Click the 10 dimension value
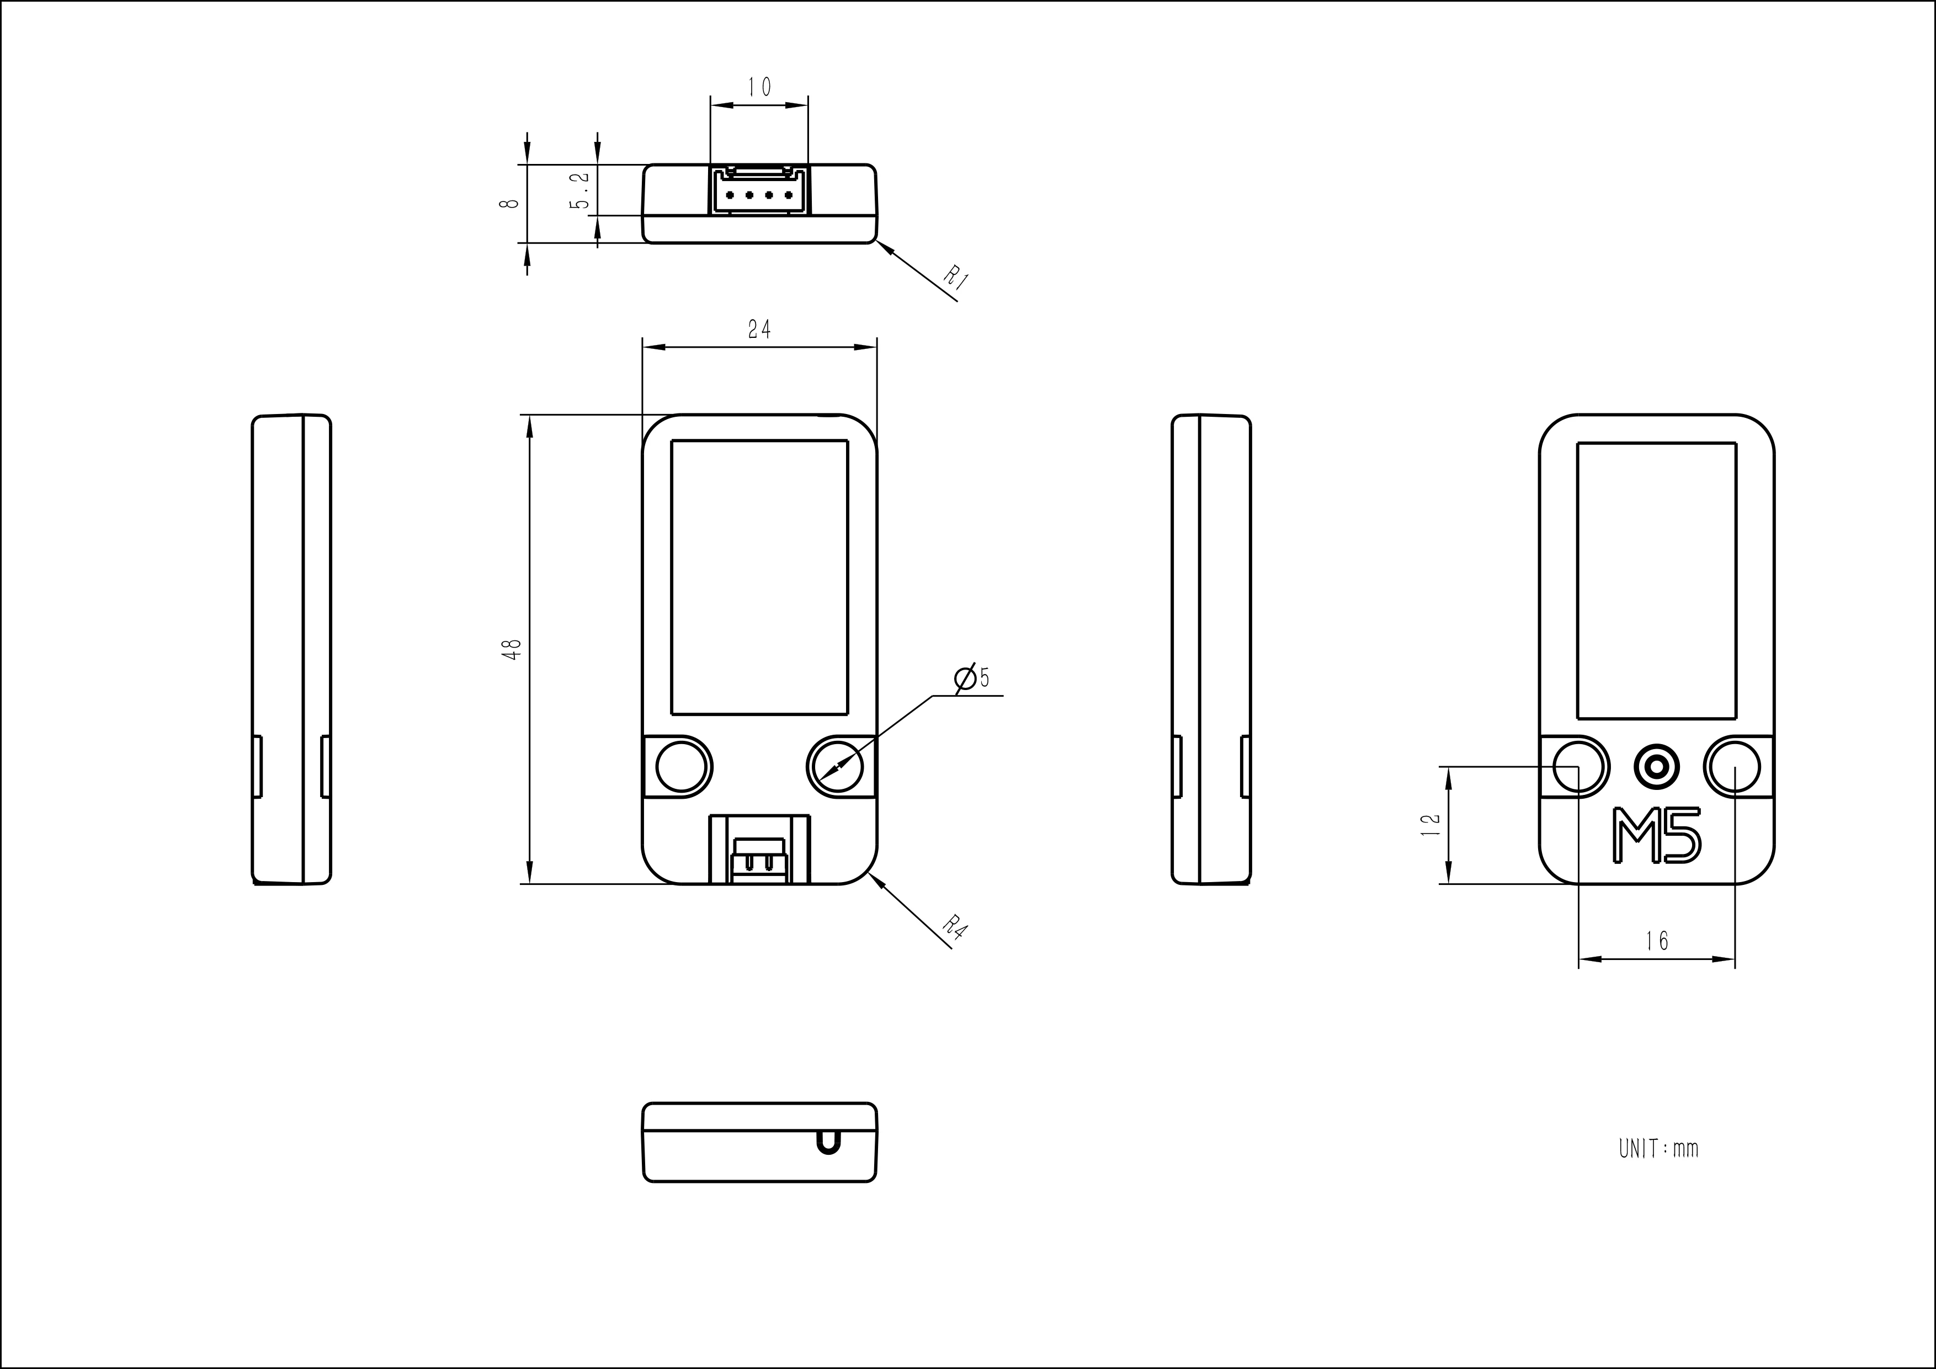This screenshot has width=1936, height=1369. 759,87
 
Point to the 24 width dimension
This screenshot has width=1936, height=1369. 759,330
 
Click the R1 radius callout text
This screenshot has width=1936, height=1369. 955,278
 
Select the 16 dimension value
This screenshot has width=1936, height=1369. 1656,941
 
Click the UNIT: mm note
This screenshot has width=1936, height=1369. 1658,1149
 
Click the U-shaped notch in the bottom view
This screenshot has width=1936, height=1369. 828,1142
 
